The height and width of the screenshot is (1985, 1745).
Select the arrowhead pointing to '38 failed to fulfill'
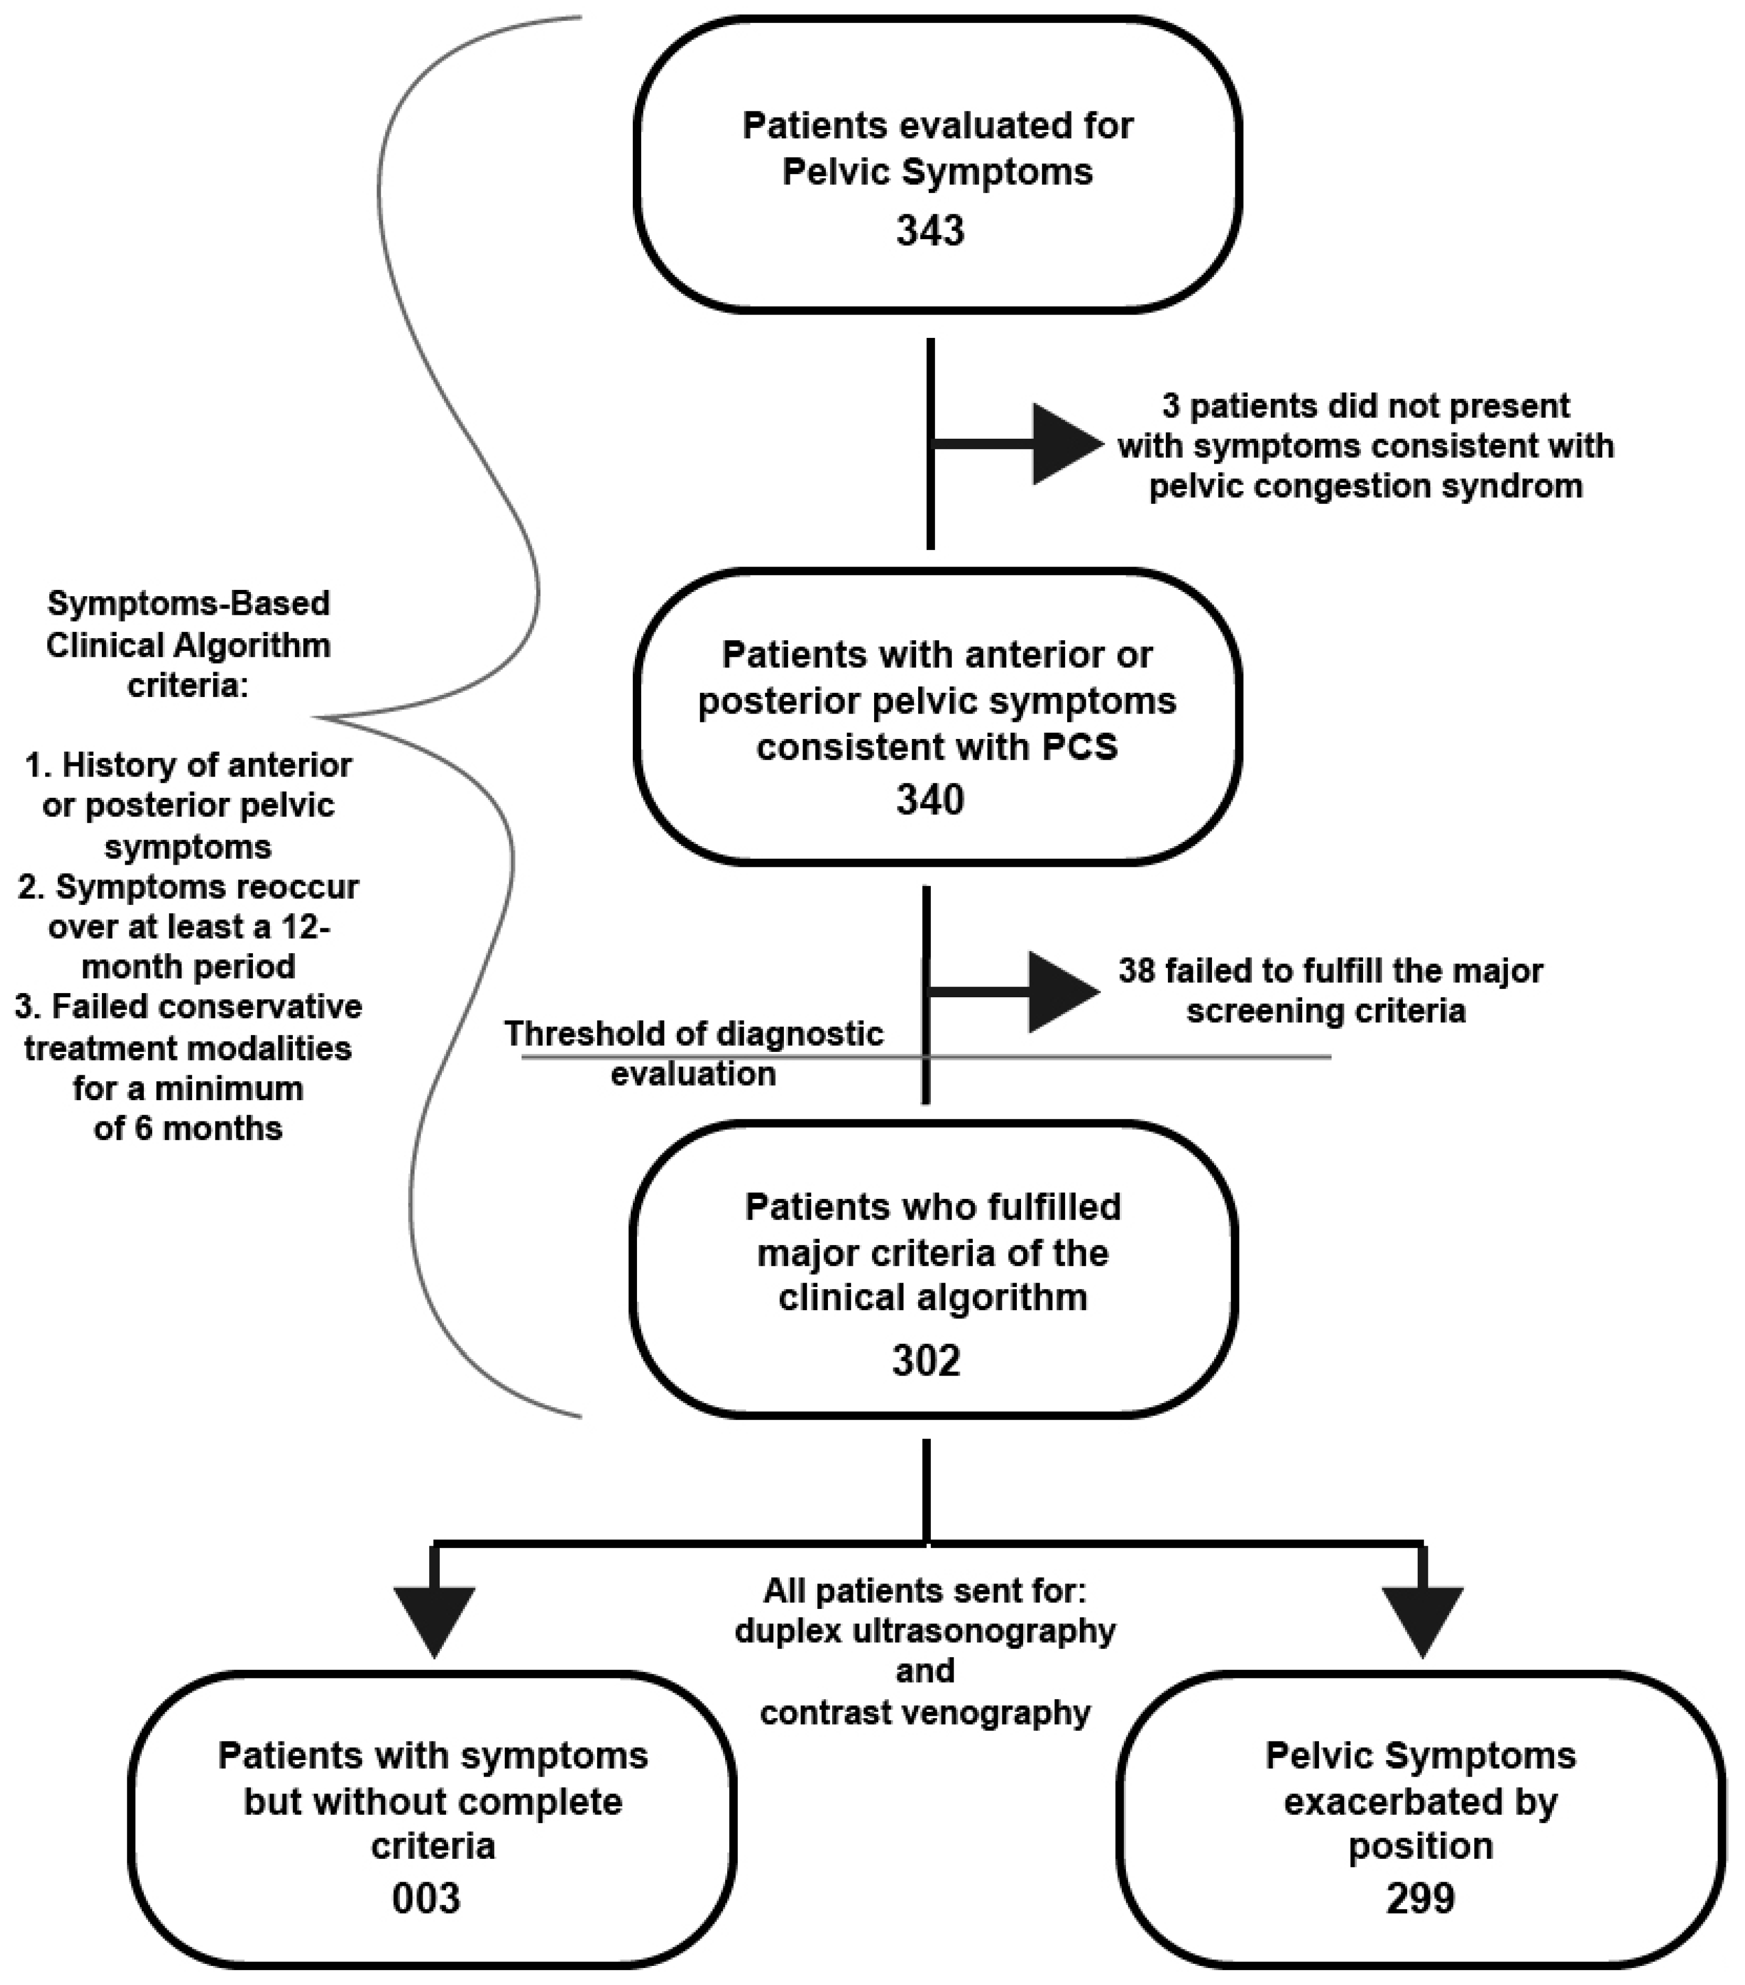point(1061,991)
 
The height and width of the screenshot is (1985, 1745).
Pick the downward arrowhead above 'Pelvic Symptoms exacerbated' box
point(1421,1620)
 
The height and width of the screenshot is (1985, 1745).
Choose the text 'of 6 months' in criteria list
point(188,1128)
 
